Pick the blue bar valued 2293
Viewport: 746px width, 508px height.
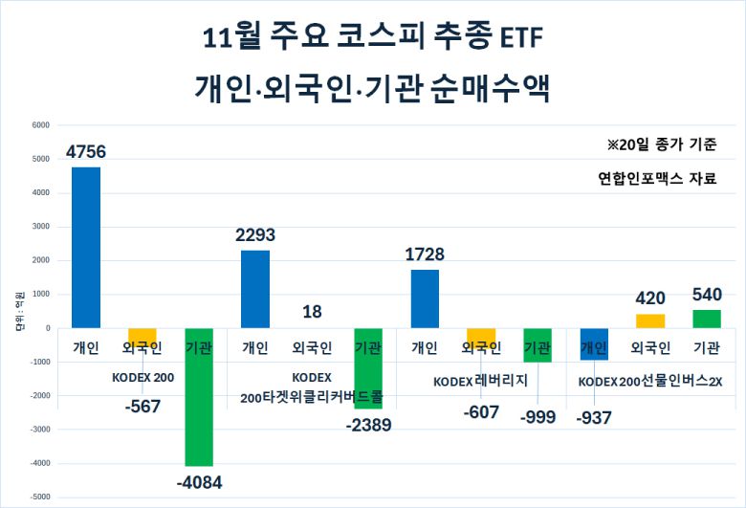255,289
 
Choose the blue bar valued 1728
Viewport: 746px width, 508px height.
425,298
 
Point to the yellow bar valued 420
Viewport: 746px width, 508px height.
649,321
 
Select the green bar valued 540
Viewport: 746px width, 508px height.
706,319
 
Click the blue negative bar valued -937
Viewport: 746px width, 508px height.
593,343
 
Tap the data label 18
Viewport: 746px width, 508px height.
312,311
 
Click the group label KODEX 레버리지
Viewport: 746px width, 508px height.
481,381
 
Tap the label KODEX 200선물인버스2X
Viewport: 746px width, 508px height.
650,381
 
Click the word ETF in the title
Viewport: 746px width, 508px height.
521,37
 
